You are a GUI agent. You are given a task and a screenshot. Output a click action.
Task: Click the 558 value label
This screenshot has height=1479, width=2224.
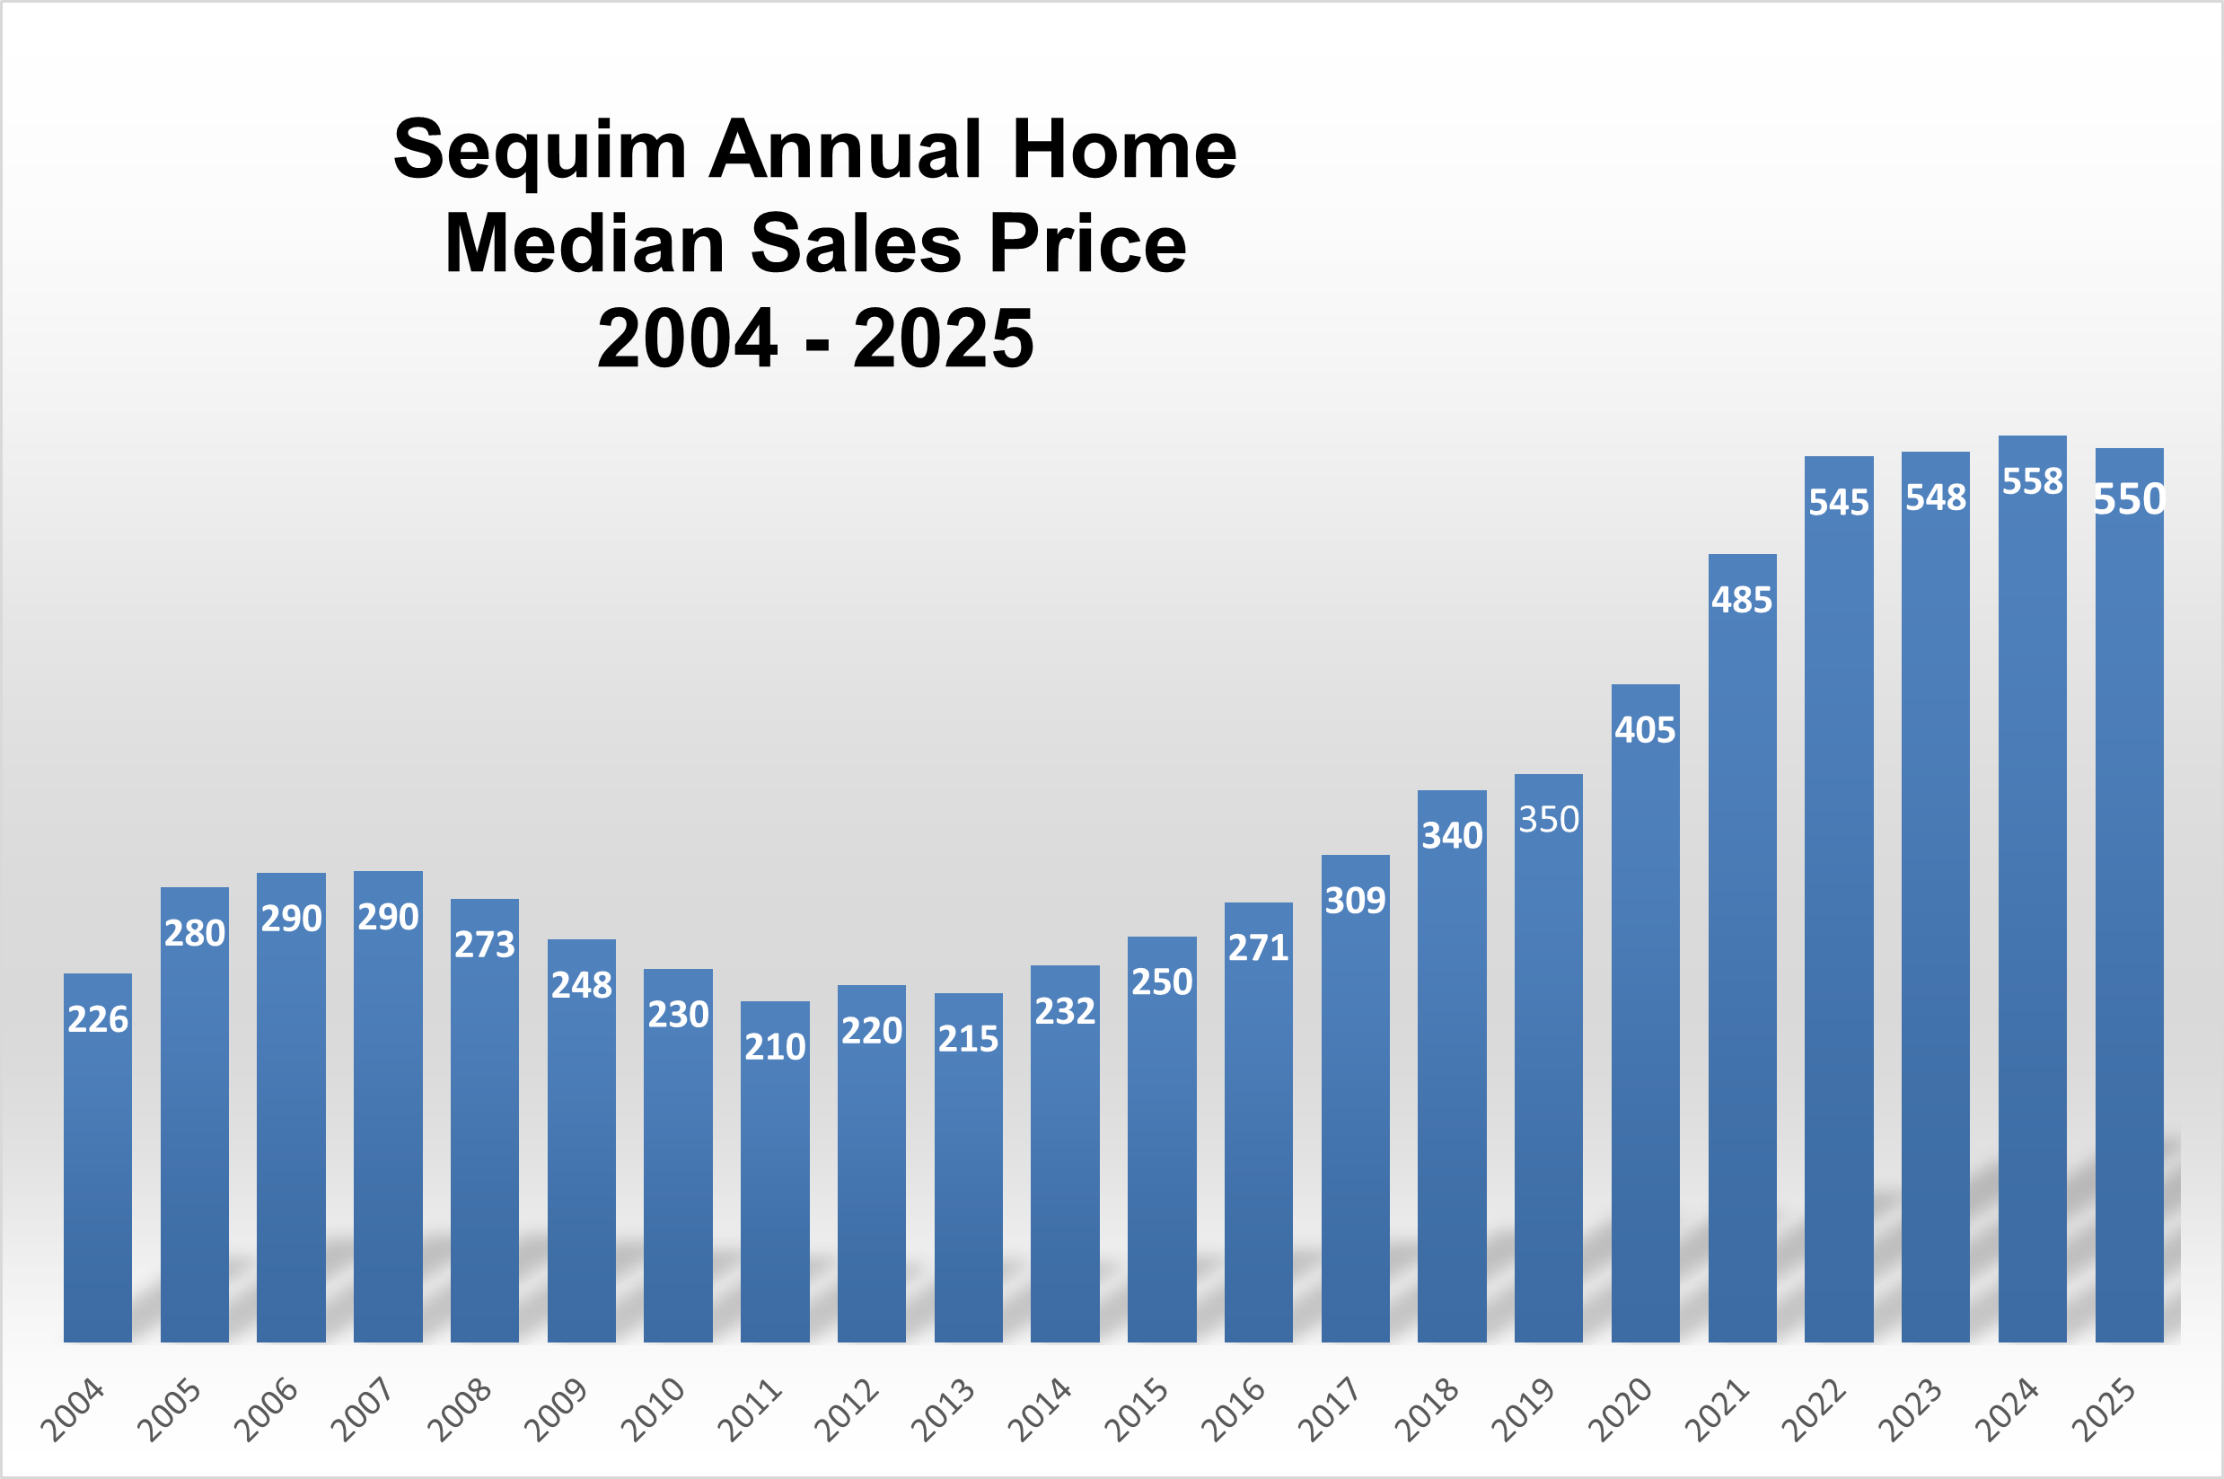2032,482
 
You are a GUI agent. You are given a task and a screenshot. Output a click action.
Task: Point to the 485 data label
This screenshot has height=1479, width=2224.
1741,600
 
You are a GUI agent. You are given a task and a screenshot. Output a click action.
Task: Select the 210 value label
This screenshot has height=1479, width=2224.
774,1047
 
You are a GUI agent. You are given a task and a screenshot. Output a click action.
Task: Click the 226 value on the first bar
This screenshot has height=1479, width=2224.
97,1019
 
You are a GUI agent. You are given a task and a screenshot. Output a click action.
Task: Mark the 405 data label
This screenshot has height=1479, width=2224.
1645,730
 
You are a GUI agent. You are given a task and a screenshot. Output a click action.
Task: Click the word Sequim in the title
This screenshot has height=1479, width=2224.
540,151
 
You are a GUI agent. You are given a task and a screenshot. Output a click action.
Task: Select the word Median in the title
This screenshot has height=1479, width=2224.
583,244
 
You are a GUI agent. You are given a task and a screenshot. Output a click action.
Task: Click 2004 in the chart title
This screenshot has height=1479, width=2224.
687,339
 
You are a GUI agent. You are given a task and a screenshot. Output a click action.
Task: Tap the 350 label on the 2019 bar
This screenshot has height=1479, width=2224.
1548,820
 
